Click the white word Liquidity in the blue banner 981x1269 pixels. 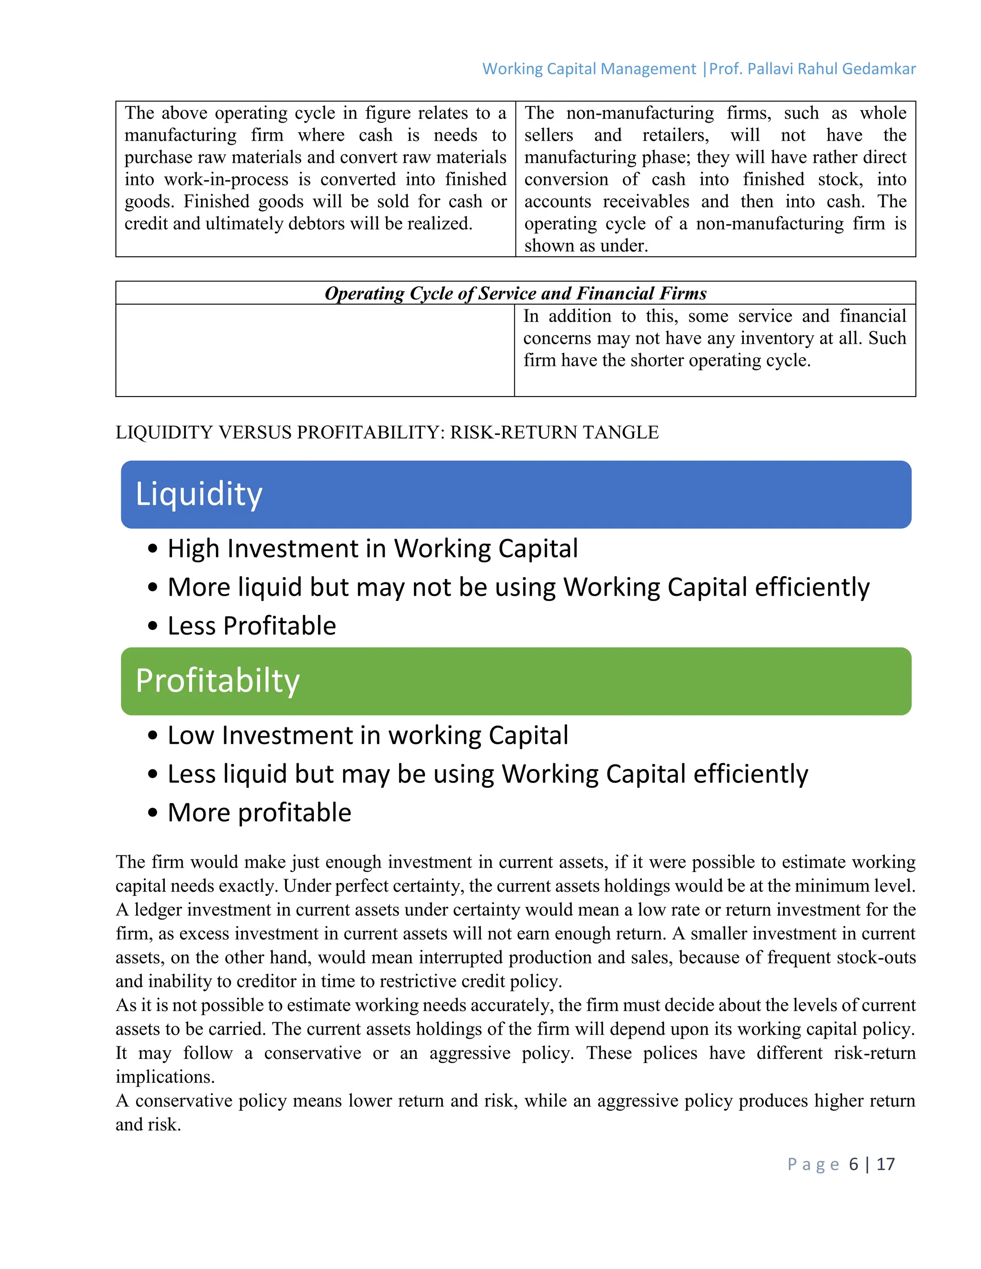click(x=199, y=495)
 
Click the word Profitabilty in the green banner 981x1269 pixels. click(x=217, y=680)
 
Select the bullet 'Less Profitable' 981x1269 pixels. click(x=251, y=626)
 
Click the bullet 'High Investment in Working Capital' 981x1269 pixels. click(x=373, y=548)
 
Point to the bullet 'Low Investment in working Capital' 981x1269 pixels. click(x=368, y=735)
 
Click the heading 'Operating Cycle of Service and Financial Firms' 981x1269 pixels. click(x=515, y=293)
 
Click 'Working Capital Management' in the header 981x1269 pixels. click(x=589, y=68)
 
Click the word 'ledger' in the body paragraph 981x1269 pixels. click(x=158, y=909)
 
